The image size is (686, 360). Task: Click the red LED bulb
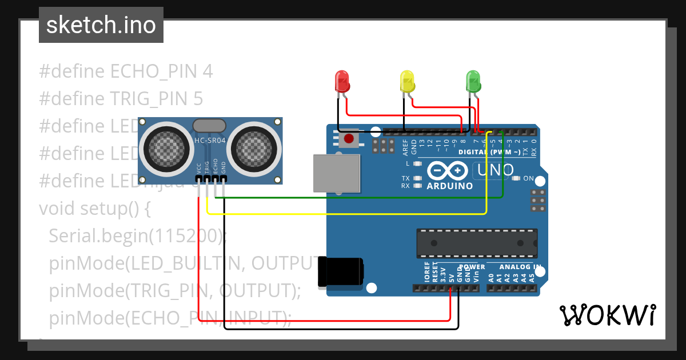[342, 81]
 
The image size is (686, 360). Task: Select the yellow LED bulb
[406, 81]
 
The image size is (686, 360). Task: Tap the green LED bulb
[473, 81]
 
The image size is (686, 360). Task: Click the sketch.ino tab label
[101, 25]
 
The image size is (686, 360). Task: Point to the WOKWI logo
[607, 315]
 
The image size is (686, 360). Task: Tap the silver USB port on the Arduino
[337, 173]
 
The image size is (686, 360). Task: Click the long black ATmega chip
[477, 243]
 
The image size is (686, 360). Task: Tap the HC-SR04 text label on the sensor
[210, 141]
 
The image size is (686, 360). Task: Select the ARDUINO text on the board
[450, 186]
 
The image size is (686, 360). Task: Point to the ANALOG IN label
[520, 267]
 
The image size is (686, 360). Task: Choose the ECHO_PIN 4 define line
[126, 71]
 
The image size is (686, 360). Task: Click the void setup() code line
[95, 208]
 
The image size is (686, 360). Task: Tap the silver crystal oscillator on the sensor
[210, 126]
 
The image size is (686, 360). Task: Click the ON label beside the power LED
[528, 179]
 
